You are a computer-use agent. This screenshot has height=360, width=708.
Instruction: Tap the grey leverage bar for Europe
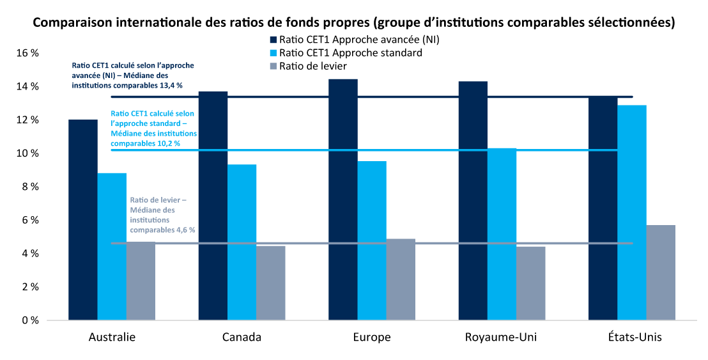[401, 279]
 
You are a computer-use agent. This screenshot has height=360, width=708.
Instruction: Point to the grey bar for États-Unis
[661, 272]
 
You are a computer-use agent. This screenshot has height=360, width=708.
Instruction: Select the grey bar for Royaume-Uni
[531, 283]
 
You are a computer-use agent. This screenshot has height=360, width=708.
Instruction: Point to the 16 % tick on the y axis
[27, 54]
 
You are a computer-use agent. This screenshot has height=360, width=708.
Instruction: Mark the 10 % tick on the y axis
[27, 153]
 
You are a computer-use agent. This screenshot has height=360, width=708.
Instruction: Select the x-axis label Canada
[242, 337]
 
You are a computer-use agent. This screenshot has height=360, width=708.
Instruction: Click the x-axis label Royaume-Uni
[502, 337]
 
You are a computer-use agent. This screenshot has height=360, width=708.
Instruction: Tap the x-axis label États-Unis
[632, 337]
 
